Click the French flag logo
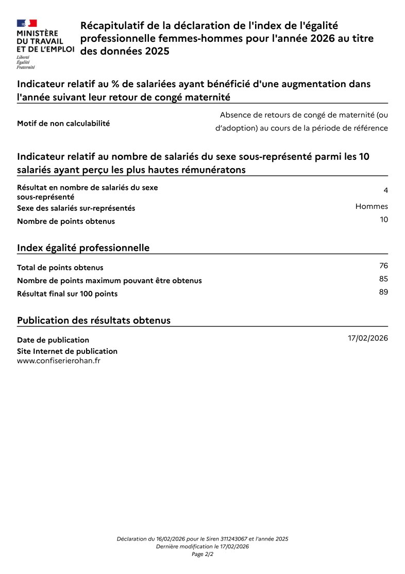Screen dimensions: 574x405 27,23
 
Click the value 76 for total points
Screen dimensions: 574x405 383,266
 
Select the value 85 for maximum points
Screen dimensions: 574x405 383,279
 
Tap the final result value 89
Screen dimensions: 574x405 383,292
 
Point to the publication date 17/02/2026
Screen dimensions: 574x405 368,338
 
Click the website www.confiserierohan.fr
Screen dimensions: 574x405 59,361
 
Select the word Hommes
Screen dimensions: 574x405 372,206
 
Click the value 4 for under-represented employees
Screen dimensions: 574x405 385,190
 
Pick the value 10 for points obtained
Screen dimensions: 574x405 383,219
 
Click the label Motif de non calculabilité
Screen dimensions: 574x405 63,123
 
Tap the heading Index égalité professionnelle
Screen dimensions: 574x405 83,248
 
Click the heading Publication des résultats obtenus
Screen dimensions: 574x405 94,320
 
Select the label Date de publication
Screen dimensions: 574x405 53,340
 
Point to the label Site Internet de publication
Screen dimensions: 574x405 67,351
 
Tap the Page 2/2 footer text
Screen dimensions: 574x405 202,554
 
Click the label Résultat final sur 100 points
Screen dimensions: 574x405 67,294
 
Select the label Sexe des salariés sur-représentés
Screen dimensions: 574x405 76,208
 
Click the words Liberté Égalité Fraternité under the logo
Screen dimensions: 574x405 26,62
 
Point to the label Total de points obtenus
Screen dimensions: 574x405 60,268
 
